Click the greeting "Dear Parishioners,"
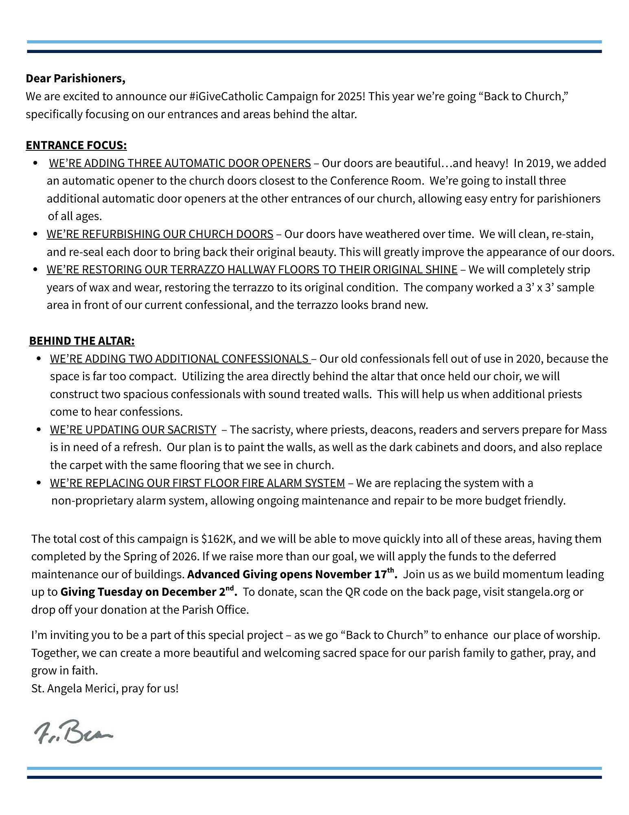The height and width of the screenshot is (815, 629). point(75,78)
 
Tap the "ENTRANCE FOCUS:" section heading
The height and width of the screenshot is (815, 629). point(76,145)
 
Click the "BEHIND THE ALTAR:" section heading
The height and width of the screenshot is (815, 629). point(82,341)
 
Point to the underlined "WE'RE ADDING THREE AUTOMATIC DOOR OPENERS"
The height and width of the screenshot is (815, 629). point(180,163)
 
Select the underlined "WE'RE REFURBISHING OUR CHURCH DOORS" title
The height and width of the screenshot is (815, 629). point(160,234)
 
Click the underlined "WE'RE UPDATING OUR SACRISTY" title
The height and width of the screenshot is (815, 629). point(133,430)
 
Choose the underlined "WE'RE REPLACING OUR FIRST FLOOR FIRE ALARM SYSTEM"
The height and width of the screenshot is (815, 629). point(197,483)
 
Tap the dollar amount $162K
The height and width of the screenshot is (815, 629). point(218,539)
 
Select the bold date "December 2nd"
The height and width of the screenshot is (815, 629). point(198,592)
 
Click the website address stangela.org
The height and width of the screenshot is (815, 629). point(538,592)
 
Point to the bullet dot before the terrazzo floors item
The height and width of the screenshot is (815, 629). point(36,270)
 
